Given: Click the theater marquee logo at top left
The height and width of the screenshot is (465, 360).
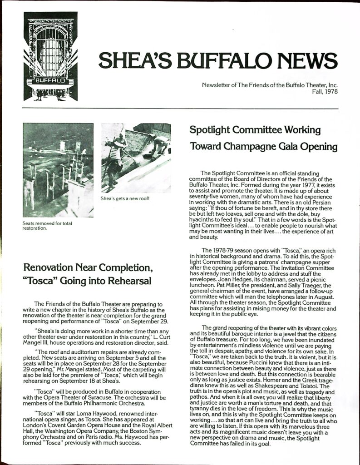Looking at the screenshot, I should click(x=50, y=56).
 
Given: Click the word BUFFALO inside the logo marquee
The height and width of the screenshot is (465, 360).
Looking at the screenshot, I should click(x=50, y=82).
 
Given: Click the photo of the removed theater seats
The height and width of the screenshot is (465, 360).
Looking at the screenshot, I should click(x=58, y=170).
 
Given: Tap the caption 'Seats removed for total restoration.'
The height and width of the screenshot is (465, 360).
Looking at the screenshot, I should click(x=47, y=226).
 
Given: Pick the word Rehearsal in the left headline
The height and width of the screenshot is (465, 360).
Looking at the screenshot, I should click(x=128, y=282).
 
